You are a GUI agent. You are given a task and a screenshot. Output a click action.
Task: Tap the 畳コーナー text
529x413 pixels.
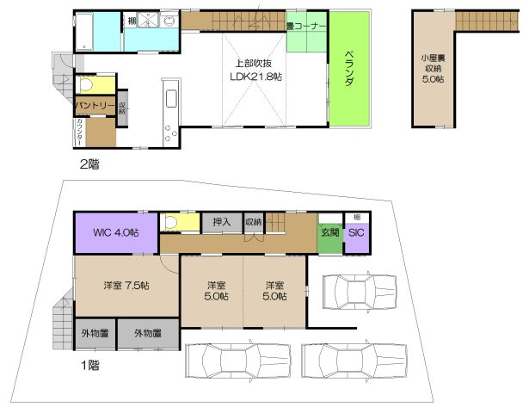click(306, 27)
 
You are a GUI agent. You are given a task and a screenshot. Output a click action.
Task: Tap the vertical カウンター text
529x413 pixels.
click(79, 133)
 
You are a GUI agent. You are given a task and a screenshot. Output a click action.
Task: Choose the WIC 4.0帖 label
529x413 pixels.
click(114, 233)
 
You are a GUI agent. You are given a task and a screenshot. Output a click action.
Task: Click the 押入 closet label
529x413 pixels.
click(221, 223)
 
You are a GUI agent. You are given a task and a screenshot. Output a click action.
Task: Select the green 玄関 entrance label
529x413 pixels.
click(329, 232)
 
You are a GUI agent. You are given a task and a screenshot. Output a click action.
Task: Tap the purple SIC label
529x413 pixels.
click(356, 232)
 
